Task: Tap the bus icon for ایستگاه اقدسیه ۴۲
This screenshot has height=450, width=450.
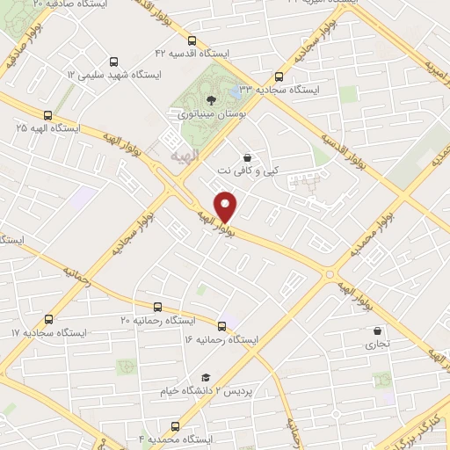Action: point(192,40)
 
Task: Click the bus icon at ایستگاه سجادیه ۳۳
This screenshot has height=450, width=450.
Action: point(279,76)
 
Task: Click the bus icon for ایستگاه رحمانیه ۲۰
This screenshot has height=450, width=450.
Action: point(157,307)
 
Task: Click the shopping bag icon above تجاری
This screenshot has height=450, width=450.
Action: point(377,331)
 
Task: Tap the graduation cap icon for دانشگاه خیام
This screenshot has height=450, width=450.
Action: point(205,376)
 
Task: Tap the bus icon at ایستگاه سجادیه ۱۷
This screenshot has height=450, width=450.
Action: point(48,320)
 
